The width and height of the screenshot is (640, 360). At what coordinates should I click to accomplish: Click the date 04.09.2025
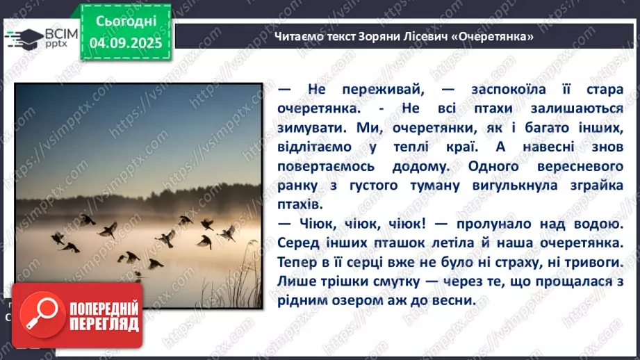[x=125, y=42]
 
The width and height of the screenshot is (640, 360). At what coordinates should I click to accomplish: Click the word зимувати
[x=310, y=129]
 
